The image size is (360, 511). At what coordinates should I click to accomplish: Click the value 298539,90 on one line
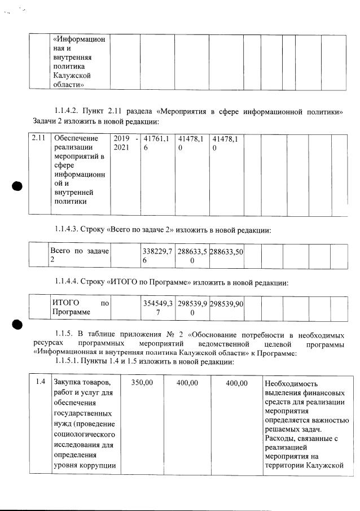point(226,304)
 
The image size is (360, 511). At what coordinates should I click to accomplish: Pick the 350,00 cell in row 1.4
point(142,383)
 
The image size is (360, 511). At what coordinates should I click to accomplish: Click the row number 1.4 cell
point(39,382)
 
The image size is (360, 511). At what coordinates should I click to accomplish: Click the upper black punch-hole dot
point(17,186)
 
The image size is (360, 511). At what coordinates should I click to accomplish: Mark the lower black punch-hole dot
point(17,324)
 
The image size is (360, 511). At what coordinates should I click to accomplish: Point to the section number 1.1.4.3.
point(71,230)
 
